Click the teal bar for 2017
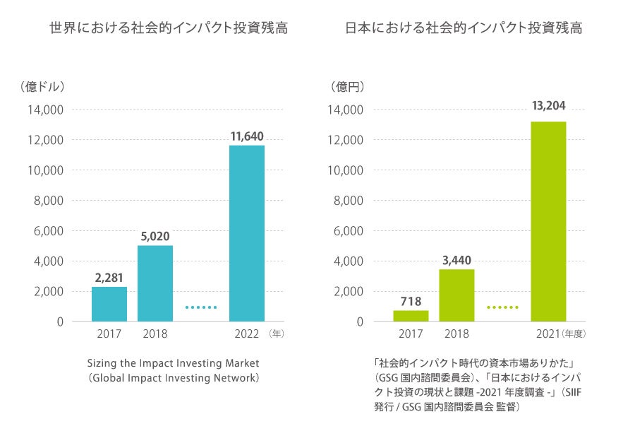pos(109,304)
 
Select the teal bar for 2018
pos(155,283)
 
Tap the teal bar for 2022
pos(247,233)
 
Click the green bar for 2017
pos(411,316)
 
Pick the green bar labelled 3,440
pos(456,295)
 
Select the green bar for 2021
pos(548,221)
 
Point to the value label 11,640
pos(247,135)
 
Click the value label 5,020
pos(155,235)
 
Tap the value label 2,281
pos(109,276)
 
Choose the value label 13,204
pos(548,106)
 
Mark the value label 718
pos(411,301)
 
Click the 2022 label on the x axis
pos(247,333)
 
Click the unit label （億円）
pos(348,87)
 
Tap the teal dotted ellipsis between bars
pos(201,307)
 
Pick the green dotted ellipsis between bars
pos(502,307)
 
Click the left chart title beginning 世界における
pos(169,29)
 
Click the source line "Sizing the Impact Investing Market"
pos(174,363)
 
